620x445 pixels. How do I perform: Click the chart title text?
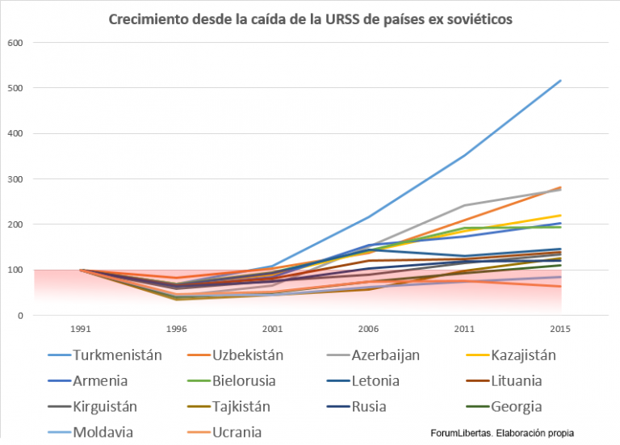coord(310,18)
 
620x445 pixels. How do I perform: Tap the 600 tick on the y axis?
coord(16,43)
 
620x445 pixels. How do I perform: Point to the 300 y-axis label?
coord(16,179)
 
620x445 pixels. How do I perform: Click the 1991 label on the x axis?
coord(81,330)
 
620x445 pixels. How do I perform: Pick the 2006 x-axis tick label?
coord(368,330)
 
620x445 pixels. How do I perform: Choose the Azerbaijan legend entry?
coord(385,355)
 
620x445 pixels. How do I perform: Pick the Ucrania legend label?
coord(238,433)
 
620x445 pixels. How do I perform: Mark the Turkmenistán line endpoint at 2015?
coord(560,81)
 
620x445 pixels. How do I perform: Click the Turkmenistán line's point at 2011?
coord(464,155)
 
